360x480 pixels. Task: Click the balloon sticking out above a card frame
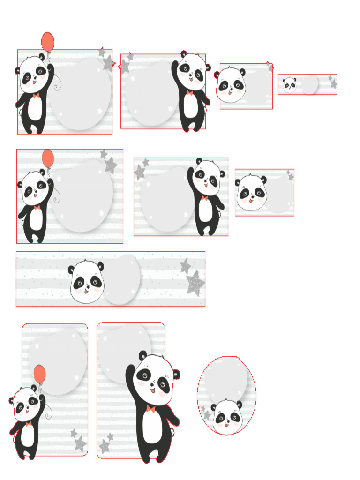click(x=48, y=41)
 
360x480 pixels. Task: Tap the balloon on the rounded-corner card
click(x=40, y=374)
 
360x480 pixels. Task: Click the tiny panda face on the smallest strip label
click(x=289, y=85)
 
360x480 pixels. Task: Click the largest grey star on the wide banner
click(x=195, y=284)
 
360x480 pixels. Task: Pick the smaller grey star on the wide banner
click(x=186, y=266)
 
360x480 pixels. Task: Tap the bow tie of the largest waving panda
click(x=151, y=409)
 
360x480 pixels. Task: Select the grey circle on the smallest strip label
click(x=309, y=85)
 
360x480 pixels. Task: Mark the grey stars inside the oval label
click(x=205, y=412)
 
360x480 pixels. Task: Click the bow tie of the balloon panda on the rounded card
click(x=29, y=423)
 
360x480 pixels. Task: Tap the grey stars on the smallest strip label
click(x=332, y=82)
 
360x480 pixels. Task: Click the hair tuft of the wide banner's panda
click(x=86, y=261)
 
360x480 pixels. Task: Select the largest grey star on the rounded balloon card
click(x=80, y=443)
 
